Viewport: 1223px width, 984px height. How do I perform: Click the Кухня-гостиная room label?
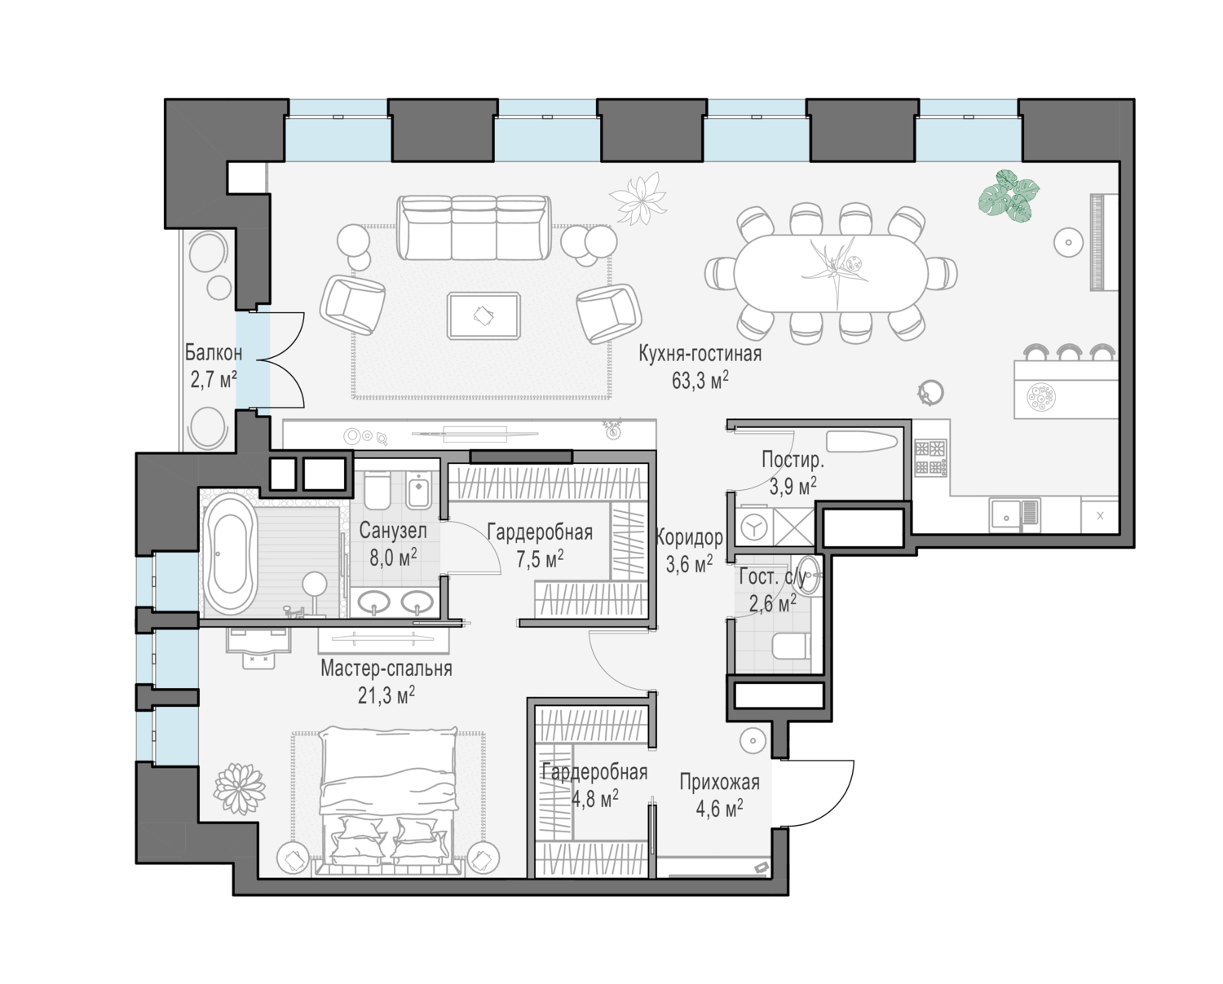pos(700,354)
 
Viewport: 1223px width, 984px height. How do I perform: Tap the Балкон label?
pos(213,352)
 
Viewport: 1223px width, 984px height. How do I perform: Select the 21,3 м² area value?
pos(386,695)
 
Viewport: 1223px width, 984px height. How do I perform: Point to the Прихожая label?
pos(719,782)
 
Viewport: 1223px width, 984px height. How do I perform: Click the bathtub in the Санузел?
pos(230,554)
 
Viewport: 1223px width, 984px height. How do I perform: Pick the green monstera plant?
pos(1009,195)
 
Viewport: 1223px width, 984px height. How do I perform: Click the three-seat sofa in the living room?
pos(474,227)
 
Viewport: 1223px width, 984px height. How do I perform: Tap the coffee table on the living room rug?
pos(483,316)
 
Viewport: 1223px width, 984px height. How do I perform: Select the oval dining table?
pos(831,273)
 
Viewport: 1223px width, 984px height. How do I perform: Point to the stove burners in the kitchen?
pos(930,457)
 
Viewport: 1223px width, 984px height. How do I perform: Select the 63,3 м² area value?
pos(700,380)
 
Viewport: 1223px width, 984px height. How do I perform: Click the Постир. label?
pos(793,459)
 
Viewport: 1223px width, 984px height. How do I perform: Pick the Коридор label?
pos(689,536)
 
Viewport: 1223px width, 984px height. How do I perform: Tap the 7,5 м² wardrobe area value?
pos(540,558)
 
